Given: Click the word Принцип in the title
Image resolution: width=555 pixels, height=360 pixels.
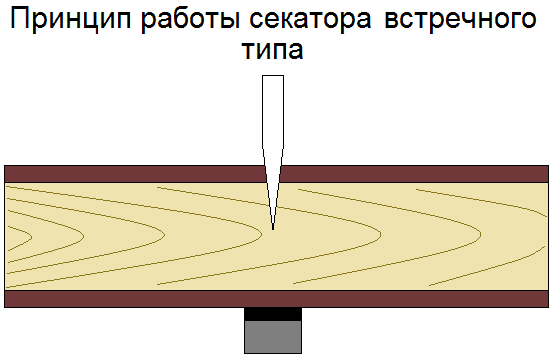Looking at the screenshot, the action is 70,19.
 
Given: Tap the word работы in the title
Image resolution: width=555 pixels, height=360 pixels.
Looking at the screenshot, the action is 190,20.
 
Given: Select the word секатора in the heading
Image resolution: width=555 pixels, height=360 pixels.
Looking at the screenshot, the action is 310,21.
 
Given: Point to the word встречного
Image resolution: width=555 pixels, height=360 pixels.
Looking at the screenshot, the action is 460,21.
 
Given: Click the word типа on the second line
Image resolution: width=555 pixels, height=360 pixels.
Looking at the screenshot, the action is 273,51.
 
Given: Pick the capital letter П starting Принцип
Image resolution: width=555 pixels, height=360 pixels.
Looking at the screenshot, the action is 20,18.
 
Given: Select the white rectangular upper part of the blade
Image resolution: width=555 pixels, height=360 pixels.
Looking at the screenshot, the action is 273,112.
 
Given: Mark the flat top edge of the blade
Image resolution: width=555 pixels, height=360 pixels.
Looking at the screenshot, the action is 273,75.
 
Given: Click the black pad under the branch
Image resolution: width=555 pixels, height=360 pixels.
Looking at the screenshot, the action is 273,314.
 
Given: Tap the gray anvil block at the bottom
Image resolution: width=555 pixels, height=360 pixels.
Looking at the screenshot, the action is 273,337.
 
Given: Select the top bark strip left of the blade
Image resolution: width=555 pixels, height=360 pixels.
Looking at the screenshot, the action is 135,174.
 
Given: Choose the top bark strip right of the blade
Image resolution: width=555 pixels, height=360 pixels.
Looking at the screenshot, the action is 414,174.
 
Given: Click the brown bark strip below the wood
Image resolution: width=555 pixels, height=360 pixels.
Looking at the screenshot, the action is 276,299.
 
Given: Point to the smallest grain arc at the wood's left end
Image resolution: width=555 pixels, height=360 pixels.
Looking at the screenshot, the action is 32,237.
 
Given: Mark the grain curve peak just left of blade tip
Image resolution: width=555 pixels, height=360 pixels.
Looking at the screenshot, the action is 261,234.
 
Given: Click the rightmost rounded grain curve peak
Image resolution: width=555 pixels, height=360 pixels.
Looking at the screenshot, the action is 480,234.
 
